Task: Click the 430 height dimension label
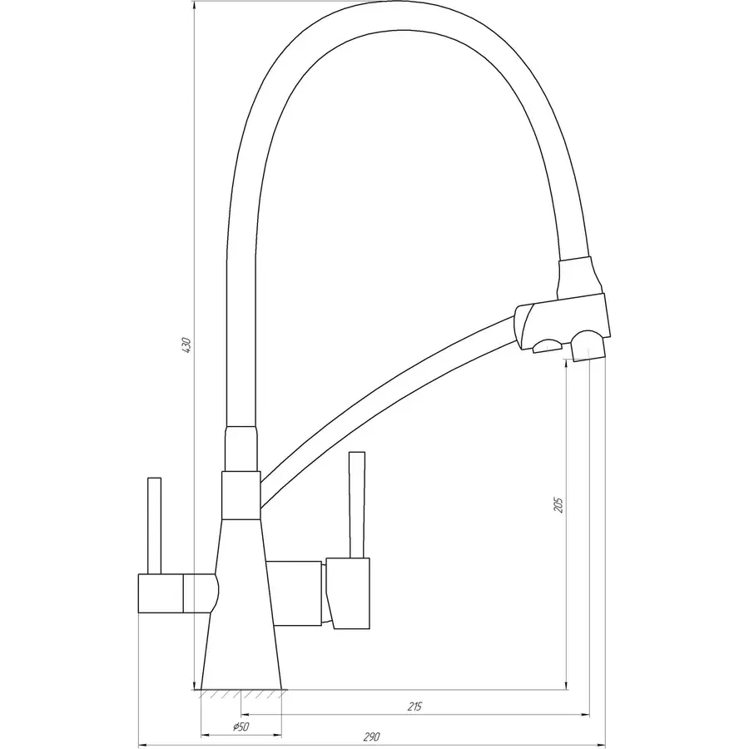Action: (x=186, y=345)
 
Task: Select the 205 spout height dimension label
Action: (x=558, y=504)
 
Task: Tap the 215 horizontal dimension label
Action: (x=415, y=707)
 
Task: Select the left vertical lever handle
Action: (x=153, y=524)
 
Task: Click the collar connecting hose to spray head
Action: (x=576, y=275)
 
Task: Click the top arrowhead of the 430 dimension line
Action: (x=193, y=5)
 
